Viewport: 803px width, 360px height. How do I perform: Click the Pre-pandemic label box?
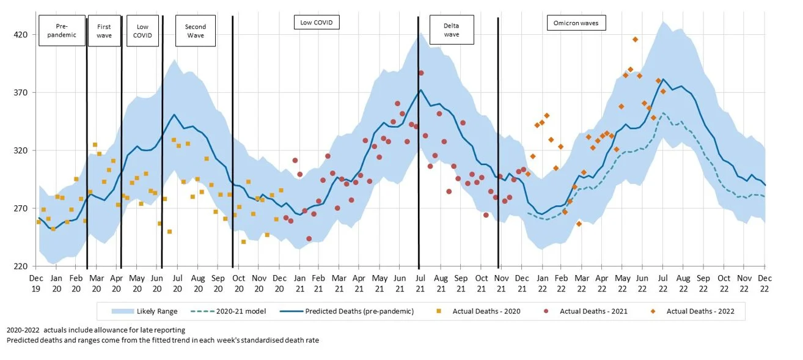pos(62,31)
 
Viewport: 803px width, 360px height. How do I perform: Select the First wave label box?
pos(105,31)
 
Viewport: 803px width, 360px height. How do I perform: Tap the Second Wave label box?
pos(196,31)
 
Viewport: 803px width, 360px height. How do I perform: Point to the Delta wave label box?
pos(452,30)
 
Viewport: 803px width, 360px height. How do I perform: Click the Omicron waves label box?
pos(576,23)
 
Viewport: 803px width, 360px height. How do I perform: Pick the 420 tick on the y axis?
pos(21,35)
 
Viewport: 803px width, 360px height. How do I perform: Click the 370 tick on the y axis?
pos(21,93)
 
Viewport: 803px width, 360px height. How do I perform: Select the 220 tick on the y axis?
pos(21,266)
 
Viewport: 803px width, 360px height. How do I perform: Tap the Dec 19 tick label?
pos(36,283)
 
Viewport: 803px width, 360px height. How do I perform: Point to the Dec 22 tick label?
pos(765,283)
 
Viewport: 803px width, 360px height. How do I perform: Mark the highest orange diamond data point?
pos(636,39)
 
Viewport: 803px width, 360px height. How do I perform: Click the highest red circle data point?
pos(421,73)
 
